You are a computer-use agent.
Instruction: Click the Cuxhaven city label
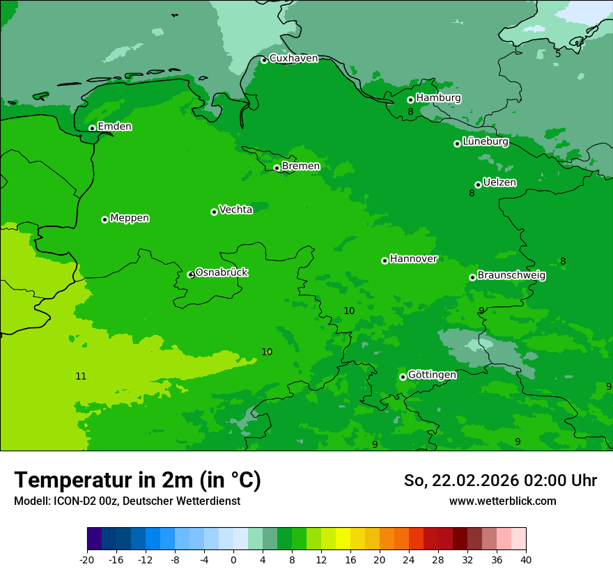[293, 58]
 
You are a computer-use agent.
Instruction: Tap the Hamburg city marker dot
[410, 100]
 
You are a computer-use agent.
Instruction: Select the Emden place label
[114, 127]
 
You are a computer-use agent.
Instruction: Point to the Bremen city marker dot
[277, 168]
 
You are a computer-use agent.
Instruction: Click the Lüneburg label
[485, 142]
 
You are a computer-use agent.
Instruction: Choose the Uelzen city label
[499, 182]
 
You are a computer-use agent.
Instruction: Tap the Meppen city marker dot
[104, 219]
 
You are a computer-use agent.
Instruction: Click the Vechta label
[235, 210]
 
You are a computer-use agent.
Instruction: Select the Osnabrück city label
[222, 272]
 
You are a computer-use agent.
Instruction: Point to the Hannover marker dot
[385, 260]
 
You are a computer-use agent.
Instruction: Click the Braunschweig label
[511, 276]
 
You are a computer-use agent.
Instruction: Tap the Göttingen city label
[432, 375]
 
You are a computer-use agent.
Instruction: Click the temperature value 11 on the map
[81, 377]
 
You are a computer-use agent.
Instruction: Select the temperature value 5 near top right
[558, 54]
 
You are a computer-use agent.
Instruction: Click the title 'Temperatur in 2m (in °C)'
[137, 480]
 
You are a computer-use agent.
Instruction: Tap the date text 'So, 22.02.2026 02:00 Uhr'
[500, 481]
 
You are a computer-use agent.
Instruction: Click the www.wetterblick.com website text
[502, 501]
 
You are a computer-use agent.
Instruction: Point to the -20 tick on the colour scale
[87, 559]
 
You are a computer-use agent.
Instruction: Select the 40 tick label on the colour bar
[525, 559]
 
